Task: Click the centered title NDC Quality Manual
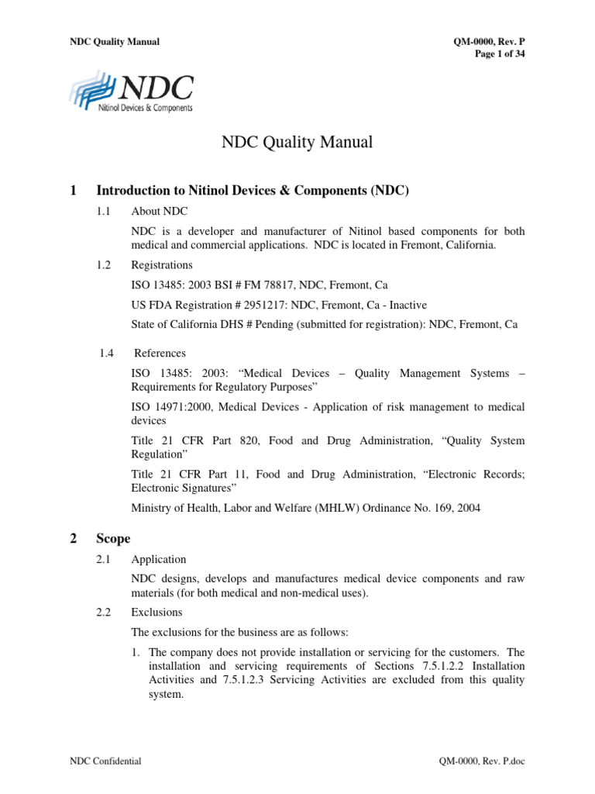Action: click(x=297, y=143)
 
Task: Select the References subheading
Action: click(x=160, y=353)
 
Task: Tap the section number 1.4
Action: click(x=107, y=353)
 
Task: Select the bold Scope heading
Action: click(x=114, y=539)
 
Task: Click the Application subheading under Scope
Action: click(x=158, y=559)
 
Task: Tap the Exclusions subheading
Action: click(x=156, y=613)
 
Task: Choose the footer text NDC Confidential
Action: click(x=105, y=762)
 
